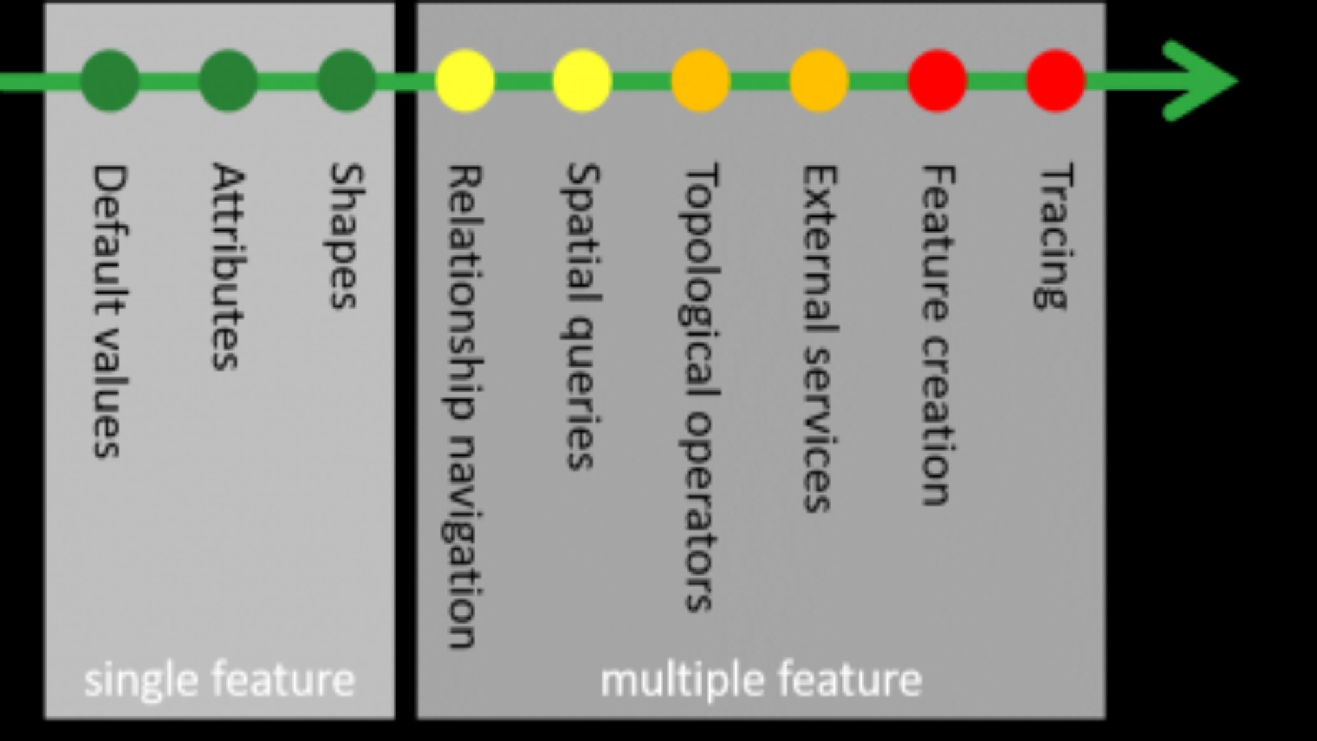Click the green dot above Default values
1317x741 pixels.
click(x=110, y=81)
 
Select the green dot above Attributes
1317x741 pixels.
click(x=228, y=81)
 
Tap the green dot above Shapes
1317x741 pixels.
click(x=346, y=81)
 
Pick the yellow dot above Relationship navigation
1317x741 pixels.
click(x=464, y=81)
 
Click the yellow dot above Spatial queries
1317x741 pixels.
click(x=582, y=81)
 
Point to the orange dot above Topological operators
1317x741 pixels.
click(x=700, y=81)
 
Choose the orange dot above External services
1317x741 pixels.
click(x=819, y=81)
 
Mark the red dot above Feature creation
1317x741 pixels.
click(x=938, y=81)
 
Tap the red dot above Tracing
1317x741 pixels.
click(x=1056, y=81)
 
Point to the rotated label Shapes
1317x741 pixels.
click(x=346, y=236)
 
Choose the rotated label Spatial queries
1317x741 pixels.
click(x=582, y=316)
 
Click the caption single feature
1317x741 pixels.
click(x=219, y=680)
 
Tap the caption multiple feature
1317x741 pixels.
click(x=761, y=680)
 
